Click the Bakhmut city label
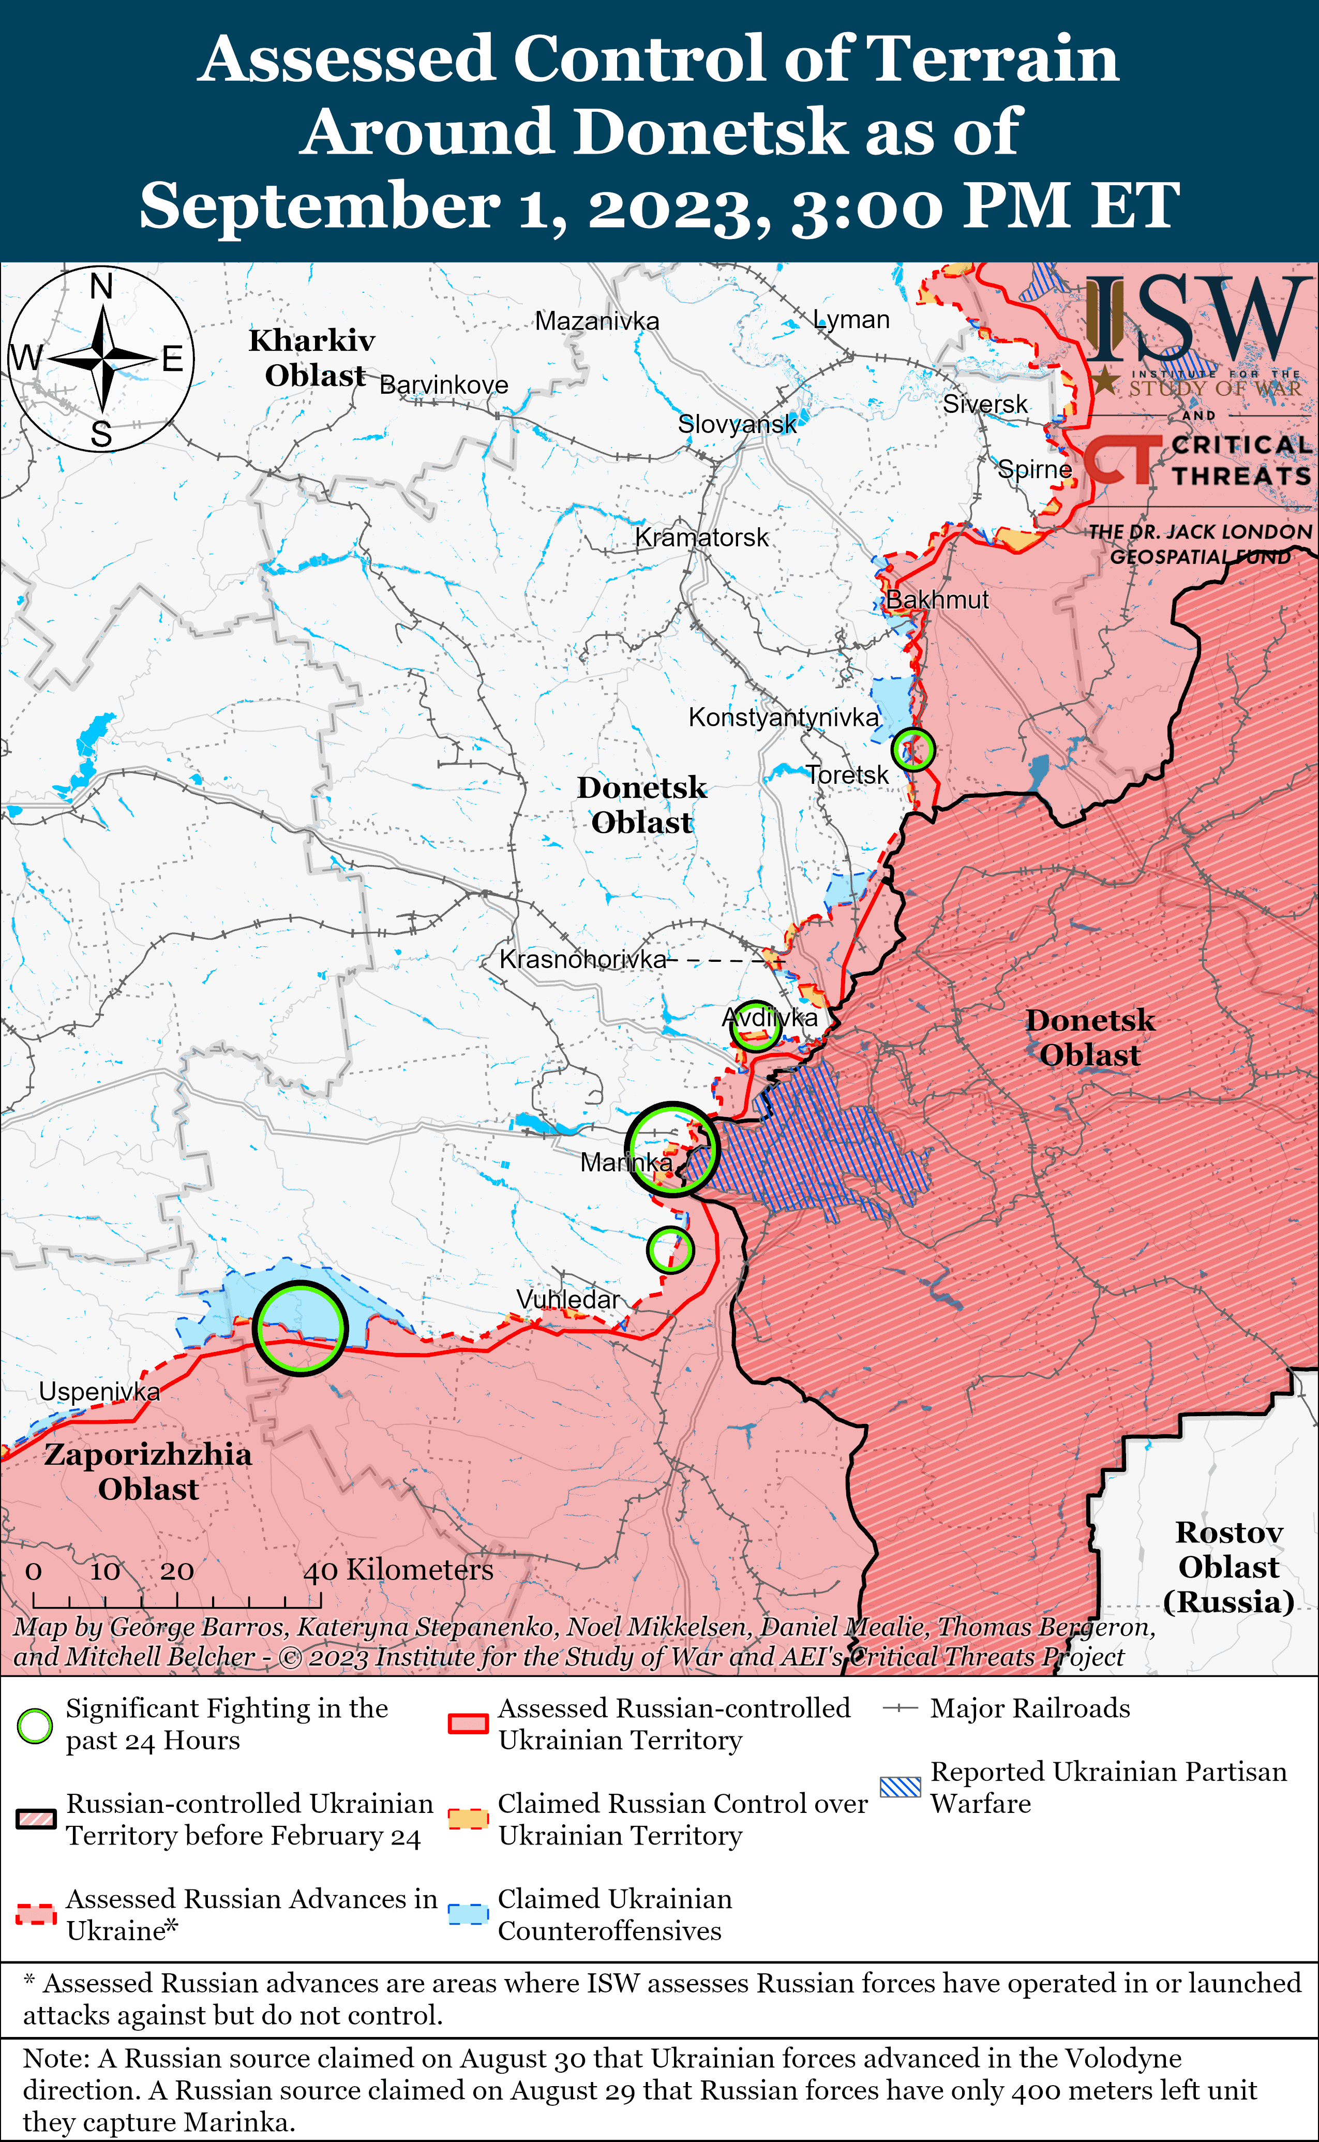[x=938, y=600]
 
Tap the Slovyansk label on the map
[x=737, y=424]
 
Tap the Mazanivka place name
[x=597, y=321]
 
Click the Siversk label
[x=985, y=404]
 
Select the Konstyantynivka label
[x=783, y=717]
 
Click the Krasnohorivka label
[x=583, y=959]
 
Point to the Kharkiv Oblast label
[x=312, y=358]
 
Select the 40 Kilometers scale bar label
[x=398, y=1570]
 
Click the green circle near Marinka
[x=672, y=1149]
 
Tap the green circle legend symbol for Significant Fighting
[x=35, y=1725]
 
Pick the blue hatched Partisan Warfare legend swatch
[x=900, y=1787]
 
